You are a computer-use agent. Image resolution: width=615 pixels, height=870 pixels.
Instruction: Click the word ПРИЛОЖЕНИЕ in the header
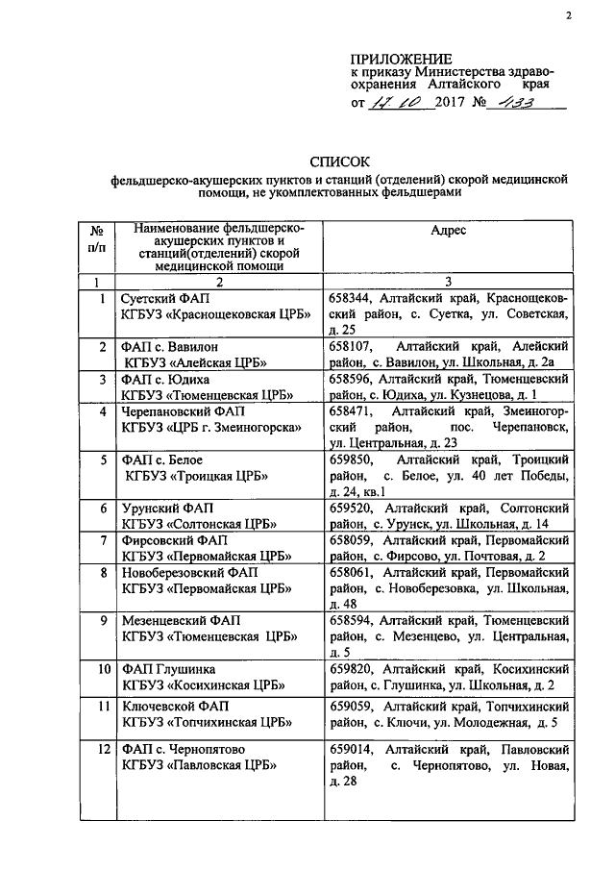(401, 59)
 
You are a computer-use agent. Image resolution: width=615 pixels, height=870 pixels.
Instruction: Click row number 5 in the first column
(101, 460)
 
